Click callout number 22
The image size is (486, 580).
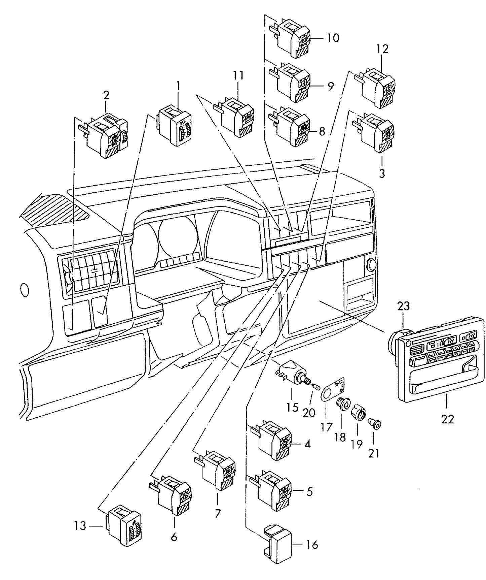pos(448,419)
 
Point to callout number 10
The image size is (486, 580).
pos(333,38)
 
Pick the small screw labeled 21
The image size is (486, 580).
pos(376,423)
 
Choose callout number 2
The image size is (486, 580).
pos(106,95)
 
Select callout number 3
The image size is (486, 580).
pos(382,174)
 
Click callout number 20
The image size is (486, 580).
pos(309,412)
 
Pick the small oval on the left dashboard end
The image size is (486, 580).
pos(24,290)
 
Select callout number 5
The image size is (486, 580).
pos(309,492)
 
